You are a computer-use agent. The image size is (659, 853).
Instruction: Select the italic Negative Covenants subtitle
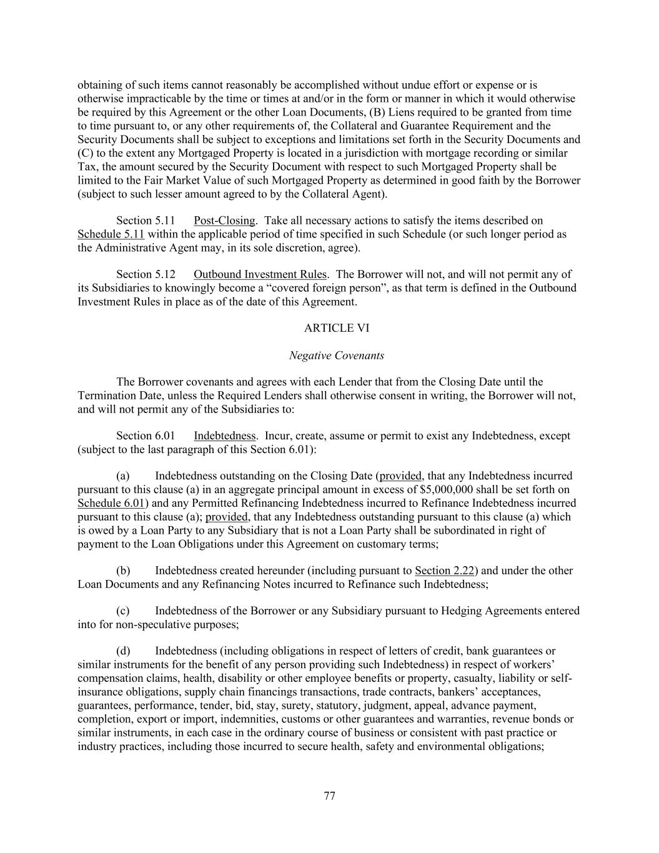click(336, 356)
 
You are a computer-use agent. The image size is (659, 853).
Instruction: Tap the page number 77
click(330, 796)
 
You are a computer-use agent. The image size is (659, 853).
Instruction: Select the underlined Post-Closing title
click(224, 221)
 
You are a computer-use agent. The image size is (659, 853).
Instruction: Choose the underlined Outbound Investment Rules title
click(260, 274)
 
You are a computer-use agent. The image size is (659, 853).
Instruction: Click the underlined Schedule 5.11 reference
click(111, 234)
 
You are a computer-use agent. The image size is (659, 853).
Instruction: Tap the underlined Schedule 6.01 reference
click(111, 503)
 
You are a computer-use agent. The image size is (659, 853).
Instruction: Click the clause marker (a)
click(123, 476)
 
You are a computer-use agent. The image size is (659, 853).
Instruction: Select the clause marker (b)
click(123, 571)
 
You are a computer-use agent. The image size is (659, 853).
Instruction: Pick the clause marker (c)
click(123, 611)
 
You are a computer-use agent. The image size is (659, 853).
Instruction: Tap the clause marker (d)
click(123, 651)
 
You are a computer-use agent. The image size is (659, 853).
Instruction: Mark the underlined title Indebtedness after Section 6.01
click(225, 436)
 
